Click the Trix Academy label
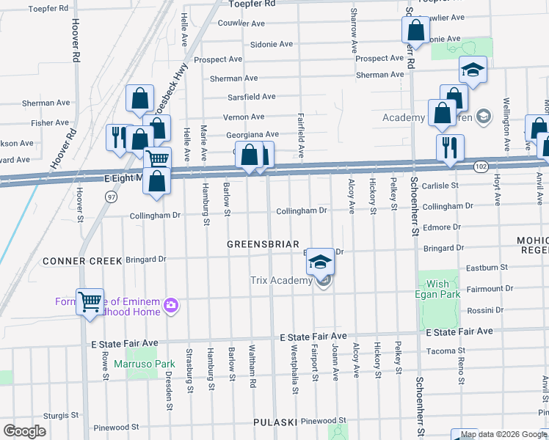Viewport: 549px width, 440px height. click(280, 281)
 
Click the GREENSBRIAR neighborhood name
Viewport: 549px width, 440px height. click(263, 243)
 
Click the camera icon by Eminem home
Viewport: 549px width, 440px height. click(171, 305)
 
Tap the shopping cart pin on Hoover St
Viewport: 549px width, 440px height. click(90, 301)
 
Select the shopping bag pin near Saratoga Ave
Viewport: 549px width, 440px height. click(415, 31)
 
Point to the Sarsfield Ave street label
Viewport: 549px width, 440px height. click(251, 97)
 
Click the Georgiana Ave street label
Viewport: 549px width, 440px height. click(252, 135)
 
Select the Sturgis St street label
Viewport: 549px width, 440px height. click(61, 415)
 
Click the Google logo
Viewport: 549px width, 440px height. click(24, 431)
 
